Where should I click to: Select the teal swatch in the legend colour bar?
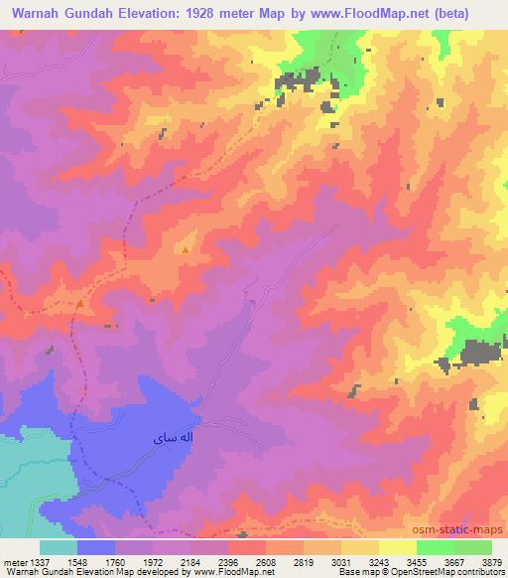[x=59, y=547]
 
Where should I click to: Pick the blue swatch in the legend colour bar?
[x=96, y=547]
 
